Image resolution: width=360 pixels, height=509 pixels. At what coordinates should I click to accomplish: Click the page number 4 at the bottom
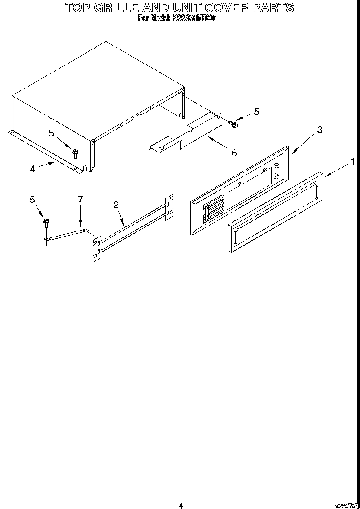181,506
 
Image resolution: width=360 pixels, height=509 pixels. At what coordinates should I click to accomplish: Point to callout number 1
352,161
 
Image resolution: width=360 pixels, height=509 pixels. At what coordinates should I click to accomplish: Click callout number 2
116,205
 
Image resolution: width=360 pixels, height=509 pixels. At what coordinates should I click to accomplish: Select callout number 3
320,130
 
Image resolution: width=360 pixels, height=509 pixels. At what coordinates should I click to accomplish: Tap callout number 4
33,169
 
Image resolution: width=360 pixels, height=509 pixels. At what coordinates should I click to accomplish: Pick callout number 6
234,153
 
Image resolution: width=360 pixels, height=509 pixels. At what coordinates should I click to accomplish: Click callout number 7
80,199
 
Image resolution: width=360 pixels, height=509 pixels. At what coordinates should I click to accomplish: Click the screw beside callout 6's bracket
233,124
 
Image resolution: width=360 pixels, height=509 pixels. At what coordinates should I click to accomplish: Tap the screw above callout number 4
75,153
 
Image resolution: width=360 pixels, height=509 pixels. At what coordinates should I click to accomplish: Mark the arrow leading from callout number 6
217,142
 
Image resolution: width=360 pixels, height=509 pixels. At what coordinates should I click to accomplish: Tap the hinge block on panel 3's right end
276,171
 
